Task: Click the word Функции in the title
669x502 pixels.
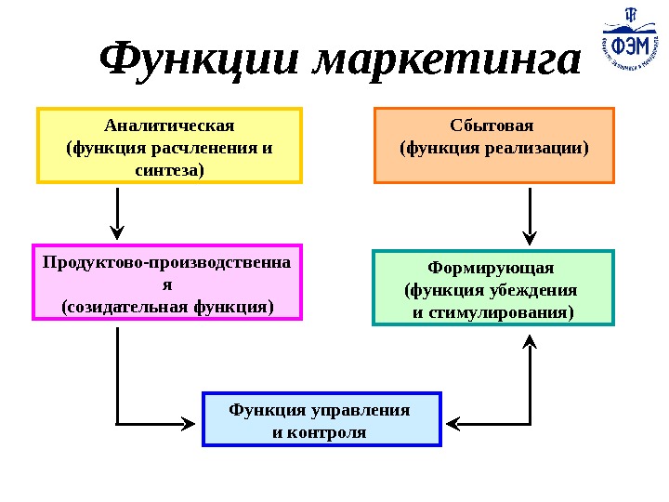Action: (x=201, y=60)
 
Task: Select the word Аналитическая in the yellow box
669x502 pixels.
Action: (x=169, y=125)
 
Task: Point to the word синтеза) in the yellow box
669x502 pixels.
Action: (x=169, y=169)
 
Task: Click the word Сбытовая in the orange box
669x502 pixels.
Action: (x=493, y=125)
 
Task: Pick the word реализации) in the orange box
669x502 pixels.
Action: (x=538, y=148)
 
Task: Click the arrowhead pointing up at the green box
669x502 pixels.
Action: (x=530, y=343)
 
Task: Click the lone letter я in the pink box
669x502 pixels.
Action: (x=168, y=284)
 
